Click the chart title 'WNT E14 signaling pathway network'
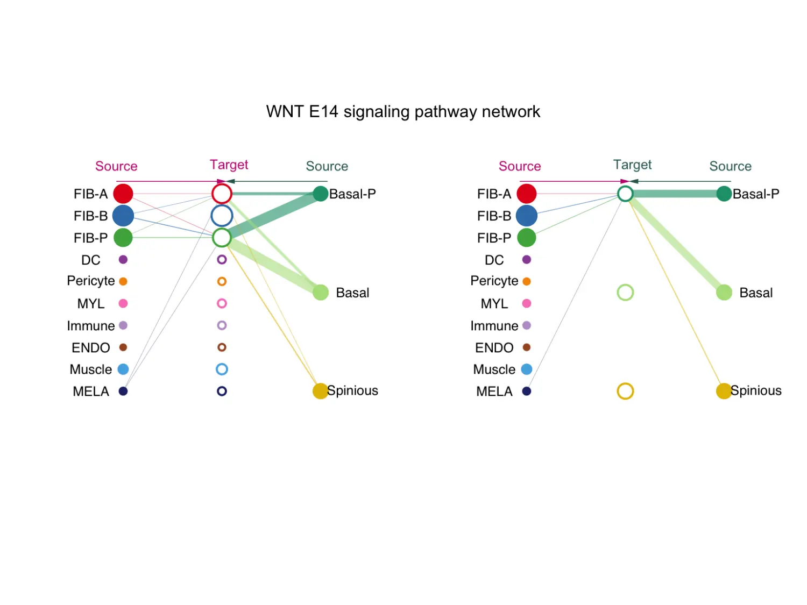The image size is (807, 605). [x=403, y=111]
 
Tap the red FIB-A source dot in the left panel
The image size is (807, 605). [x=123, y=194]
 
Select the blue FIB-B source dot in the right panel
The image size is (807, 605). [x=526, y=216]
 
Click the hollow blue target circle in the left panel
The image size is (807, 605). [x=222, y=216]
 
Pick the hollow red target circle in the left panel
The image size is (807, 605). [x=222, y=194]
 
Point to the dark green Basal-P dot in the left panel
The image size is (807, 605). [x=321, y=194]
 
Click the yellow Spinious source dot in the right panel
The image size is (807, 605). [x=724, y=391]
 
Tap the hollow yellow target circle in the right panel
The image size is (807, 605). [x=625, y=391]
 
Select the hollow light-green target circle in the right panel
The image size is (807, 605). [x=625, y=293]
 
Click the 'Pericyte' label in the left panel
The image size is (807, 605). [x=91, y=281]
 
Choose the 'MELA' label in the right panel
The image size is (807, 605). [x=494, y=392]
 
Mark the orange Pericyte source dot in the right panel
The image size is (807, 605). [x=527, y=281]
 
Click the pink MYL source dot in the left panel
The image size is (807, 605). [x=123, y=303]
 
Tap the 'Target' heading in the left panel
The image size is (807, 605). [x=229, y=165]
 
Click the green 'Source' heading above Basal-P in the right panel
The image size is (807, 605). [x=730, y=166]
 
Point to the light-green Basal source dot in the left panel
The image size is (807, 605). [x=321, y=293]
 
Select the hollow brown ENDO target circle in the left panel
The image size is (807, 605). [x=222, y=347]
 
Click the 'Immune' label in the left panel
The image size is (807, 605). [x=91, y=326]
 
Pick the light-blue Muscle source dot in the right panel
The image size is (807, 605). [x=527, y=369]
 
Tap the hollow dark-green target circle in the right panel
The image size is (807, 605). [x=625, y=194]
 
